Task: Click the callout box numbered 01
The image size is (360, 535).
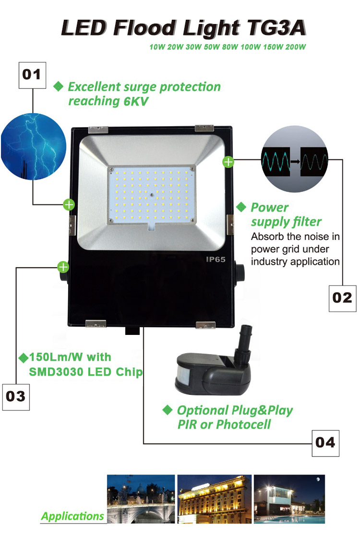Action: point(32,75)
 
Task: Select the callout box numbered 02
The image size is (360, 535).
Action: point(342,298)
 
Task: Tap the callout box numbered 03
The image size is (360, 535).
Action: point(16,397)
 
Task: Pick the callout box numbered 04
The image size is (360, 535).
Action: point(325,443)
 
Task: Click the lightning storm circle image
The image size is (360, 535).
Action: point(33,147)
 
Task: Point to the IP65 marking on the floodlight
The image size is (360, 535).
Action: point(216,259)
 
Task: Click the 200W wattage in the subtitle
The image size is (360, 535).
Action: point(296,47)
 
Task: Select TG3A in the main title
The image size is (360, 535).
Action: point(276,28)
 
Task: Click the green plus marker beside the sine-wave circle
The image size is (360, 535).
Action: point(228,162)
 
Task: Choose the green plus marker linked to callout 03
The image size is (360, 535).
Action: point(63,267)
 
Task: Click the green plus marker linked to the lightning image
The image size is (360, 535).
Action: point(69,205)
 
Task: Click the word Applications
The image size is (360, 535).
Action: point(72,516)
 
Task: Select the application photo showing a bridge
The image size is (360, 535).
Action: point(141,499)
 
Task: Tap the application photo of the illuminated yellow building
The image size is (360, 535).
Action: point(214,499)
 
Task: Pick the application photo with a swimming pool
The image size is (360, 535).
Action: point(289,499)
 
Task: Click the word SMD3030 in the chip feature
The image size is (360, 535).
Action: point(56,372)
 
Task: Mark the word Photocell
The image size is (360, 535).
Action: point(243,425)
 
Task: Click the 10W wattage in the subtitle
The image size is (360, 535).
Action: point(157,47)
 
